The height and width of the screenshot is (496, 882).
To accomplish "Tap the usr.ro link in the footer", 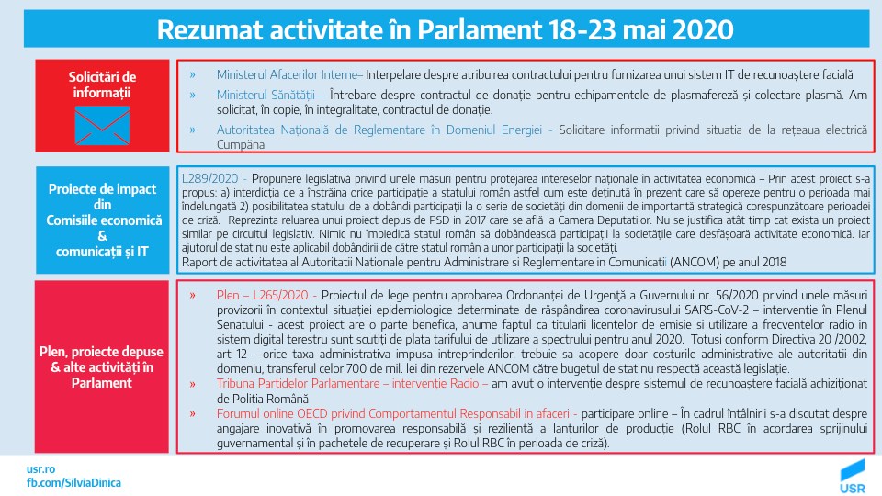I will point(40,468).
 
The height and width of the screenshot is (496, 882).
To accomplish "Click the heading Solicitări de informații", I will point(102,85).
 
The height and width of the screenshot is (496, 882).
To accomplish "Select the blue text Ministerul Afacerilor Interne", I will point(289,74).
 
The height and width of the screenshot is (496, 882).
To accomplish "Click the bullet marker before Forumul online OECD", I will point(192,413).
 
